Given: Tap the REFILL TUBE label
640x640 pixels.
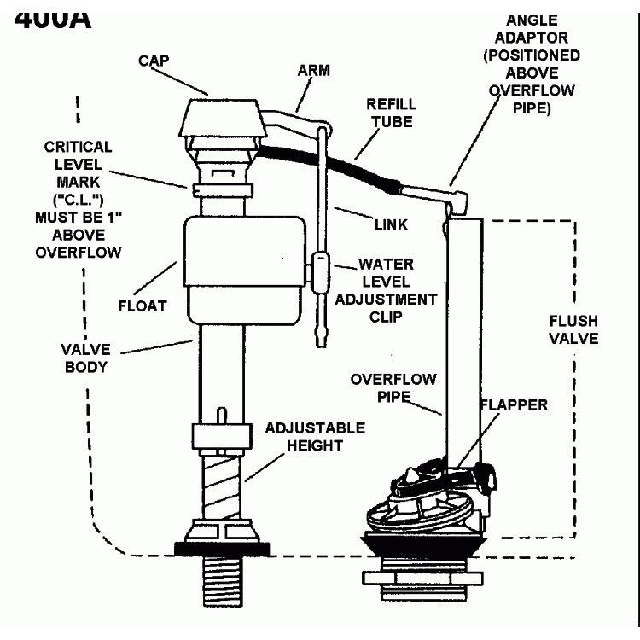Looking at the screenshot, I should tap(391, 113).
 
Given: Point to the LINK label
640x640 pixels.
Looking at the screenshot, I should tap(391, 224).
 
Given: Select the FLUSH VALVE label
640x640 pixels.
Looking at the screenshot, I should tap(573, 329).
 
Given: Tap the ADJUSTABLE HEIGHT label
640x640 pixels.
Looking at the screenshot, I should tap(315, 436).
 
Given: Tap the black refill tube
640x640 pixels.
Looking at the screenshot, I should tap(341, 165).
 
